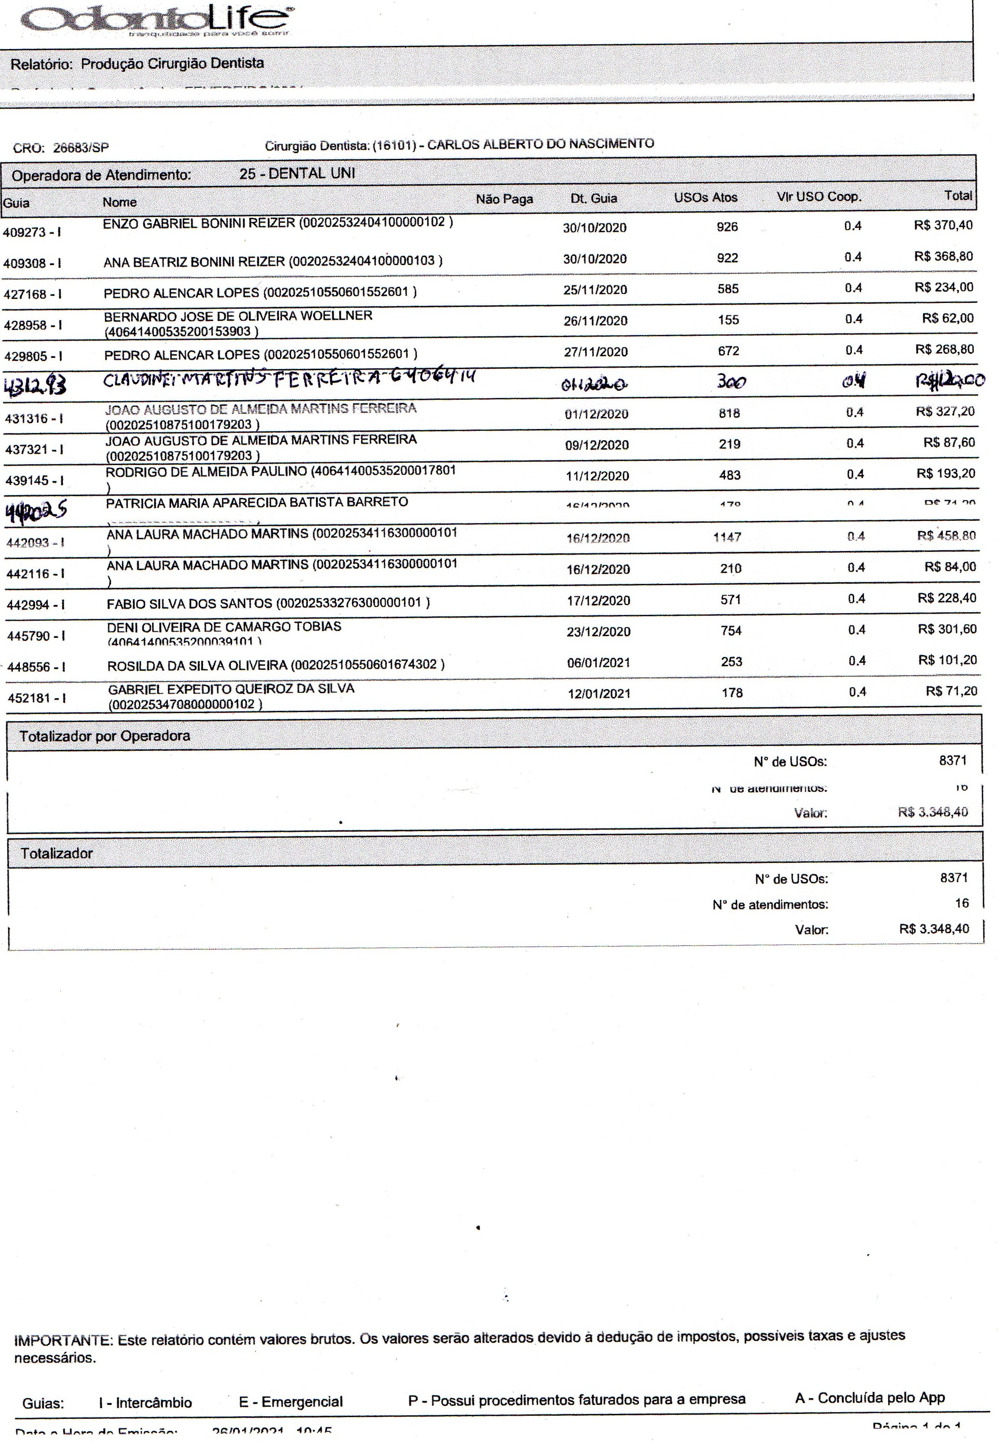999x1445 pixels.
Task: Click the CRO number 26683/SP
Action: pyautogui.click(x=80, y=148)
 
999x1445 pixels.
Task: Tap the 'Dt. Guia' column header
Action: pyautogui.click(x=594, y=199)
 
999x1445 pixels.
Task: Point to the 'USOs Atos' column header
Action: pyautogui.click(x=706, y=197)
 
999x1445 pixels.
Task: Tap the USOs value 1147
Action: pyautogui.click(x=727, y=537)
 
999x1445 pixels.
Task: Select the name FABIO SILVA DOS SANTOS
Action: pyautogui.click(x=189, y=604)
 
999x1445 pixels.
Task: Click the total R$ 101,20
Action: pyautogui.click(x=947, y=660)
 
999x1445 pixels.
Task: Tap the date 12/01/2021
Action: pyautogui.click(x=598, y=694)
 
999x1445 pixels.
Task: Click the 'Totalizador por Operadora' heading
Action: pyautogui.click(x=104, y=736)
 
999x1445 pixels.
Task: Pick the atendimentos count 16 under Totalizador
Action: pyautogui.click(x=962, y=903)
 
